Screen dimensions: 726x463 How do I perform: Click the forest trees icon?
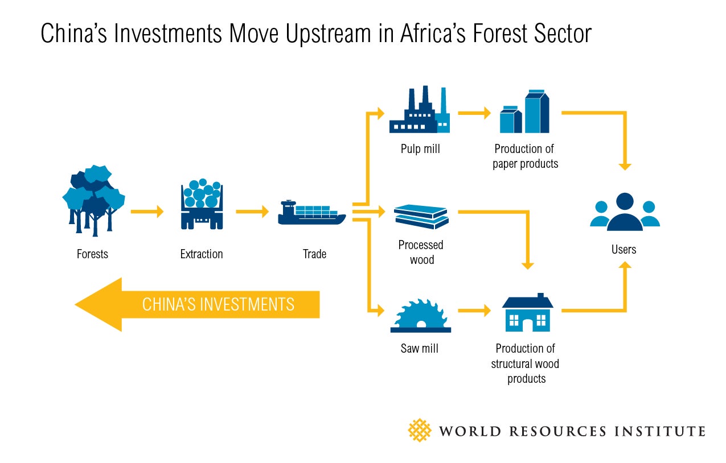93,200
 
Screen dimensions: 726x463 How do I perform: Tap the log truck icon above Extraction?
202,204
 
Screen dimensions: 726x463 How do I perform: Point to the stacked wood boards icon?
421,217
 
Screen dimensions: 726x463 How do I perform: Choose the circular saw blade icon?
421,316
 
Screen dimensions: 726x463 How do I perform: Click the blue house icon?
528,312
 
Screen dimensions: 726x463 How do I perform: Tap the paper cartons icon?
524,111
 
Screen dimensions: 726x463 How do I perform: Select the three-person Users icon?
625,212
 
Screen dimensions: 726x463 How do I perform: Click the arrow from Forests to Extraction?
147,212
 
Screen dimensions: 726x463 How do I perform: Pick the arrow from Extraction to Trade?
252,212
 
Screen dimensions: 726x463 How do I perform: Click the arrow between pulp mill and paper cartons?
474,113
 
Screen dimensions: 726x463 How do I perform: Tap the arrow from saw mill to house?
474,311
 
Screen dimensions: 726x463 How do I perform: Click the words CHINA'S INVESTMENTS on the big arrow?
218,304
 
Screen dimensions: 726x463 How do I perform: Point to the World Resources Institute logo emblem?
420,431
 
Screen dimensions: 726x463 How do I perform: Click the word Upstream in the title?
329,34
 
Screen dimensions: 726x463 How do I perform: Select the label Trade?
314,254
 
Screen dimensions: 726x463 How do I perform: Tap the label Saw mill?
420,348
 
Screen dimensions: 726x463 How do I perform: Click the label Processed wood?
421,252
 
